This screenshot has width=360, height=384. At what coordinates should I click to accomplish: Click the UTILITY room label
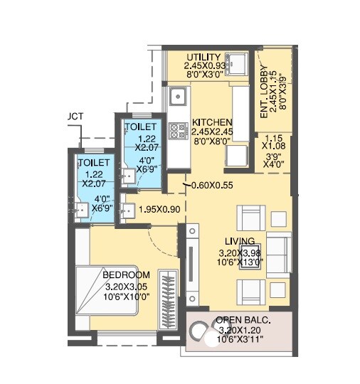(x=203, y=57)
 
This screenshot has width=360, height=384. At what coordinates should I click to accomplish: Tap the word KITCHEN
(x=211, y=122)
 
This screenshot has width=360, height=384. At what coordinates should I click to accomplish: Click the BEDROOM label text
(x=126, y=275)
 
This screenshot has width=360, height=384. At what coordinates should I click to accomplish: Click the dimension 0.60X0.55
(x=213, y=186)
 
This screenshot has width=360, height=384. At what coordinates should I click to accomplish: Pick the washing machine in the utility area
(x=235, y=63)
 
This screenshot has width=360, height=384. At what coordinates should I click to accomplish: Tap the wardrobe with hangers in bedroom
(x=168, y=299)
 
